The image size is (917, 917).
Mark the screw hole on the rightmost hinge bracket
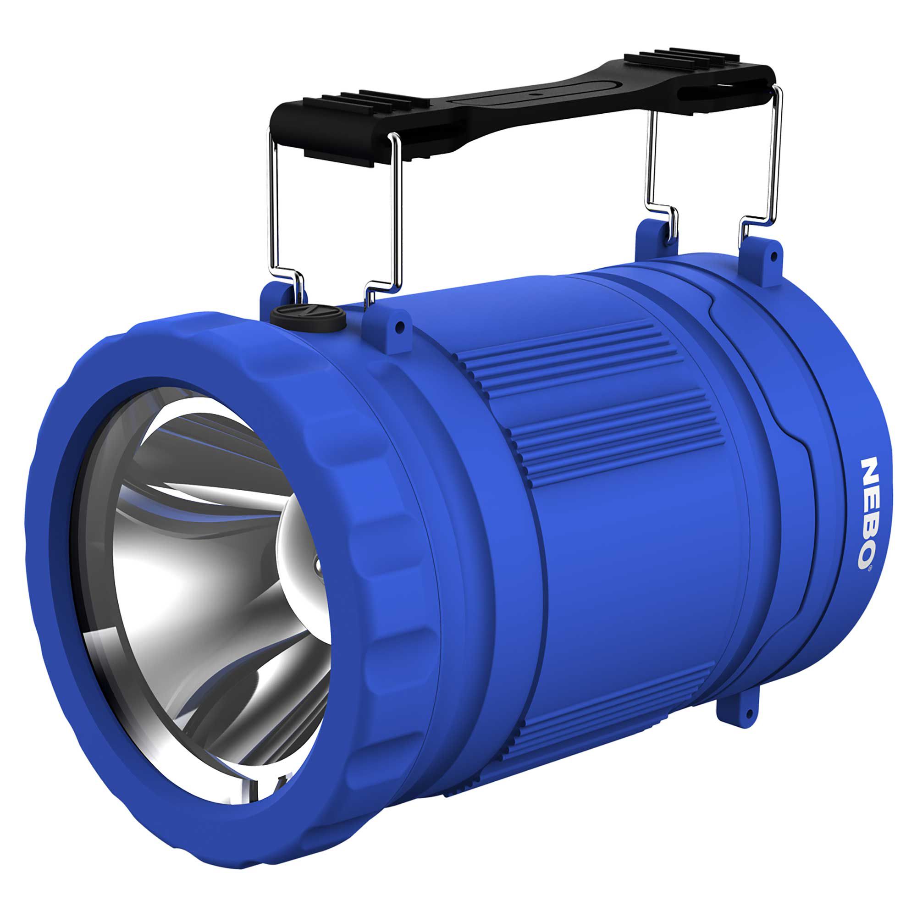pyautogui.click(x=774, y=258)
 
